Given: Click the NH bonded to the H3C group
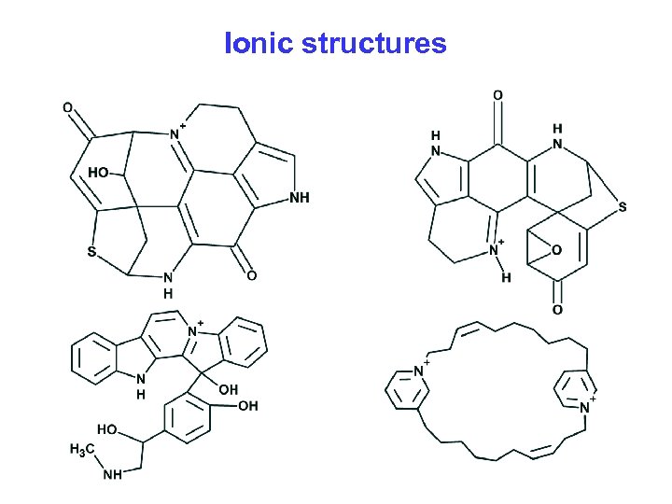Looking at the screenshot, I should [x=112, y=474].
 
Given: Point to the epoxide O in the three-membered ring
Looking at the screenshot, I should [x=556, y=250].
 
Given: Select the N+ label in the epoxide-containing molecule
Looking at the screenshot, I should [x=495, y=250].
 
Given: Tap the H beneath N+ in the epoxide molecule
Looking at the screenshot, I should [x=506, y=277].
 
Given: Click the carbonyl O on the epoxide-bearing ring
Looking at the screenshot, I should [x=557, y=309].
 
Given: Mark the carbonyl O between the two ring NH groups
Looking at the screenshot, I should [x=497, y=95].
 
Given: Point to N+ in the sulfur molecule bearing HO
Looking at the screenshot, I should [x=175, y=133].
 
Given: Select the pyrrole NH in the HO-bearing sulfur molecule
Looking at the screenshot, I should [x=300, y=198].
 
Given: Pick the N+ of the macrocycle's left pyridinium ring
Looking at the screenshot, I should [x=418, y=371].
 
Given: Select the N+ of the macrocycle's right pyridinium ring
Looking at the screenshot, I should [x=586, y=408].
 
